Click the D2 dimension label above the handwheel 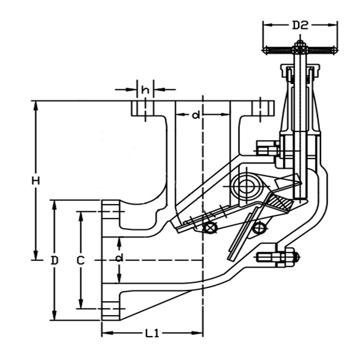click(x=300, y=25)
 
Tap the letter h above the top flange click(x=145, y=89)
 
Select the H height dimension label click(x=37, y=181)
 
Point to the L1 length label click(x=152, y=334)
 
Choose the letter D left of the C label click(x=55, y=260)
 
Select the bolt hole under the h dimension click(x=142, y=110)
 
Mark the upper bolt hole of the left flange click(x=110, y=211)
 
